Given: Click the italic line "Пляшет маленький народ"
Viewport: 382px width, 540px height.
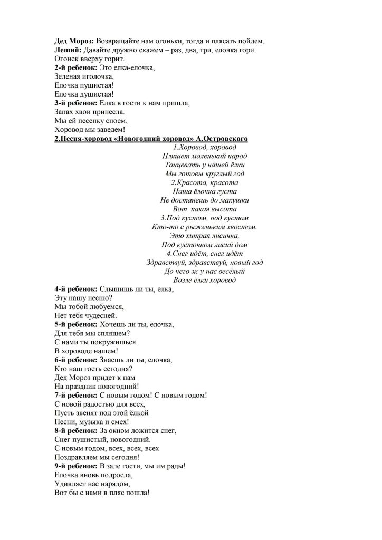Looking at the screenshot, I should [x=205, y=156].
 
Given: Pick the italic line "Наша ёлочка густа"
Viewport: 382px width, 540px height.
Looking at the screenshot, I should [x=205, y=191].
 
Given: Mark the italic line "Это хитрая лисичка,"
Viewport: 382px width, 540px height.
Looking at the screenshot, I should [x=205, y=236].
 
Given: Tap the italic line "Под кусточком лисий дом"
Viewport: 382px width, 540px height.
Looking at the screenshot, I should [x=205, y=245].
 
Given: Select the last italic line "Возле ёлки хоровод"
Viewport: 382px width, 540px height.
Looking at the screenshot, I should [x=205, y=280].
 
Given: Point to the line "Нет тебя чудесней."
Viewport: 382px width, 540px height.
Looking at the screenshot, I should [x=82, y=315].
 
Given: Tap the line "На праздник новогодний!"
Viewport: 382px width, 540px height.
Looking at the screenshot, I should [x=93, y=386].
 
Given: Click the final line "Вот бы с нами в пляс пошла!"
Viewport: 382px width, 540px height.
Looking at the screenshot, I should [x=102, y=493].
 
